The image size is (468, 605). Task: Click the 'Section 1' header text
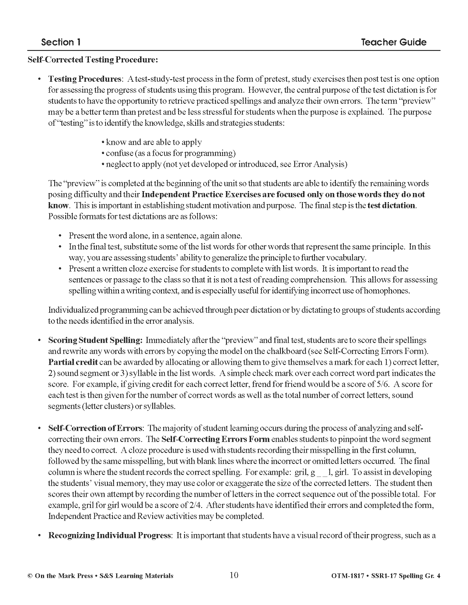pyautogui.click(x=61, y=42)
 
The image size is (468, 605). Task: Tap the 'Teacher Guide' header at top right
pyautogui.click(x=393, y=42)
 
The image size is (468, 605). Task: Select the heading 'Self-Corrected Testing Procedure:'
pyautogui.click(x=93, y=60)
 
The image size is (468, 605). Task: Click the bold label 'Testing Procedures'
pyautogui.click(x=85, y=79)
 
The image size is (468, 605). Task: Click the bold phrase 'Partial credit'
pyautogui.click(x=73, y=362)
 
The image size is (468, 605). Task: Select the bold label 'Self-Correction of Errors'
pyautogui.click(x=95, y=428)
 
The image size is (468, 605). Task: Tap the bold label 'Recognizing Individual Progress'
pyautogui.click(x=110, y=535)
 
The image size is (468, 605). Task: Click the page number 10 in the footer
pyautogui.click(x=234, y=575)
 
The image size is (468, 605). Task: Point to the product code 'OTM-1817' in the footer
pyautogui.click(x=348, y=576)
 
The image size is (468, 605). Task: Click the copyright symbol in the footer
pyautogui.click(x=30, y=576)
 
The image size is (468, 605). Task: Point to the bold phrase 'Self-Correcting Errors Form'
pyautogui.click(x=216, y=439)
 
